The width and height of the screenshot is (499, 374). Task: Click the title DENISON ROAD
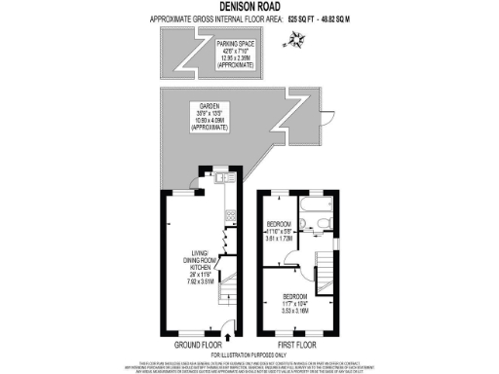249,8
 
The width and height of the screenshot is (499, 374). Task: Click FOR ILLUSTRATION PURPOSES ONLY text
249,353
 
